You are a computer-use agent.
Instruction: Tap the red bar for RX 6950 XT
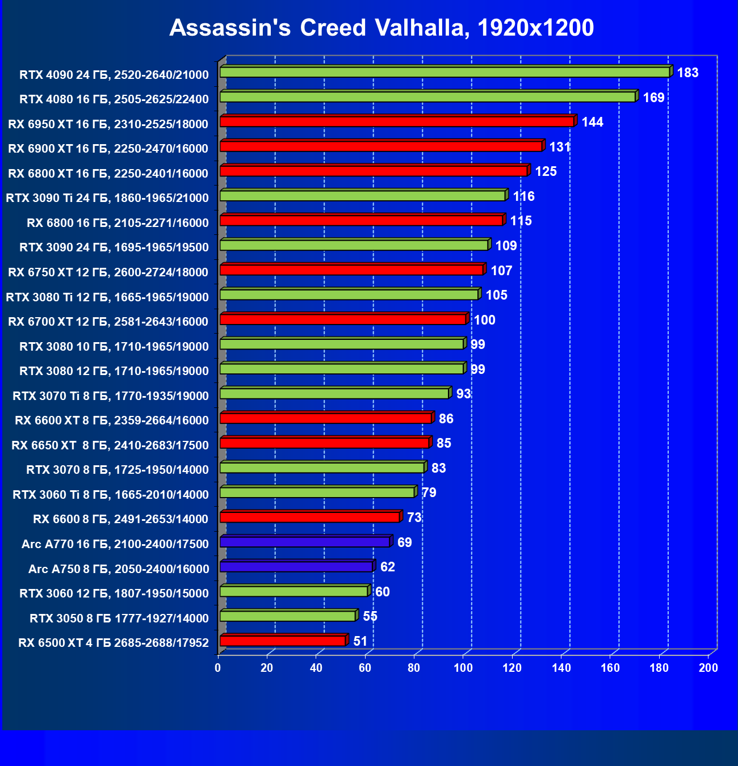(x=397, y=121)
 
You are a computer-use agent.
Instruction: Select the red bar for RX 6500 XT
(x=283, y=641)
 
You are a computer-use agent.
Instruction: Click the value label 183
(x=687, y=73)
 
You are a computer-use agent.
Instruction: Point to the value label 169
(x=653, y=98)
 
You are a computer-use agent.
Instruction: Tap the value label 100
(x=484, y=320)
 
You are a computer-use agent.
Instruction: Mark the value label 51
(x=360, y=641)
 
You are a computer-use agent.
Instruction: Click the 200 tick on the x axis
(x=708, y=668)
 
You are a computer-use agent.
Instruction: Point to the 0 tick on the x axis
(x=218, y=668)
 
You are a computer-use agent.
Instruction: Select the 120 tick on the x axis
(x=512, y=668)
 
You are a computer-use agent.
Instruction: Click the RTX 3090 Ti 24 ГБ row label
(x=107, y=198)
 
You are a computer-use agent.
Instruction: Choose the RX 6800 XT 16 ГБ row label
(x=108, y=174)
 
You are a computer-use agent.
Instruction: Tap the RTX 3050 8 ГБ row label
(x=119, y=618)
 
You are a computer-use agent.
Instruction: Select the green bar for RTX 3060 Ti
(x=317, y=493)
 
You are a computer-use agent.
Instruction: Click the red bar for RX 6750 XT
(x=351, y=270)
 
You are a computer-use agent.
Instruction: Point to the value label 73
(x=414, y=517)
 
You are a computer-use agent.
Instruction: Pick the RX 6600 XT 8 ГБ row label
(x=112, y=420)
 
